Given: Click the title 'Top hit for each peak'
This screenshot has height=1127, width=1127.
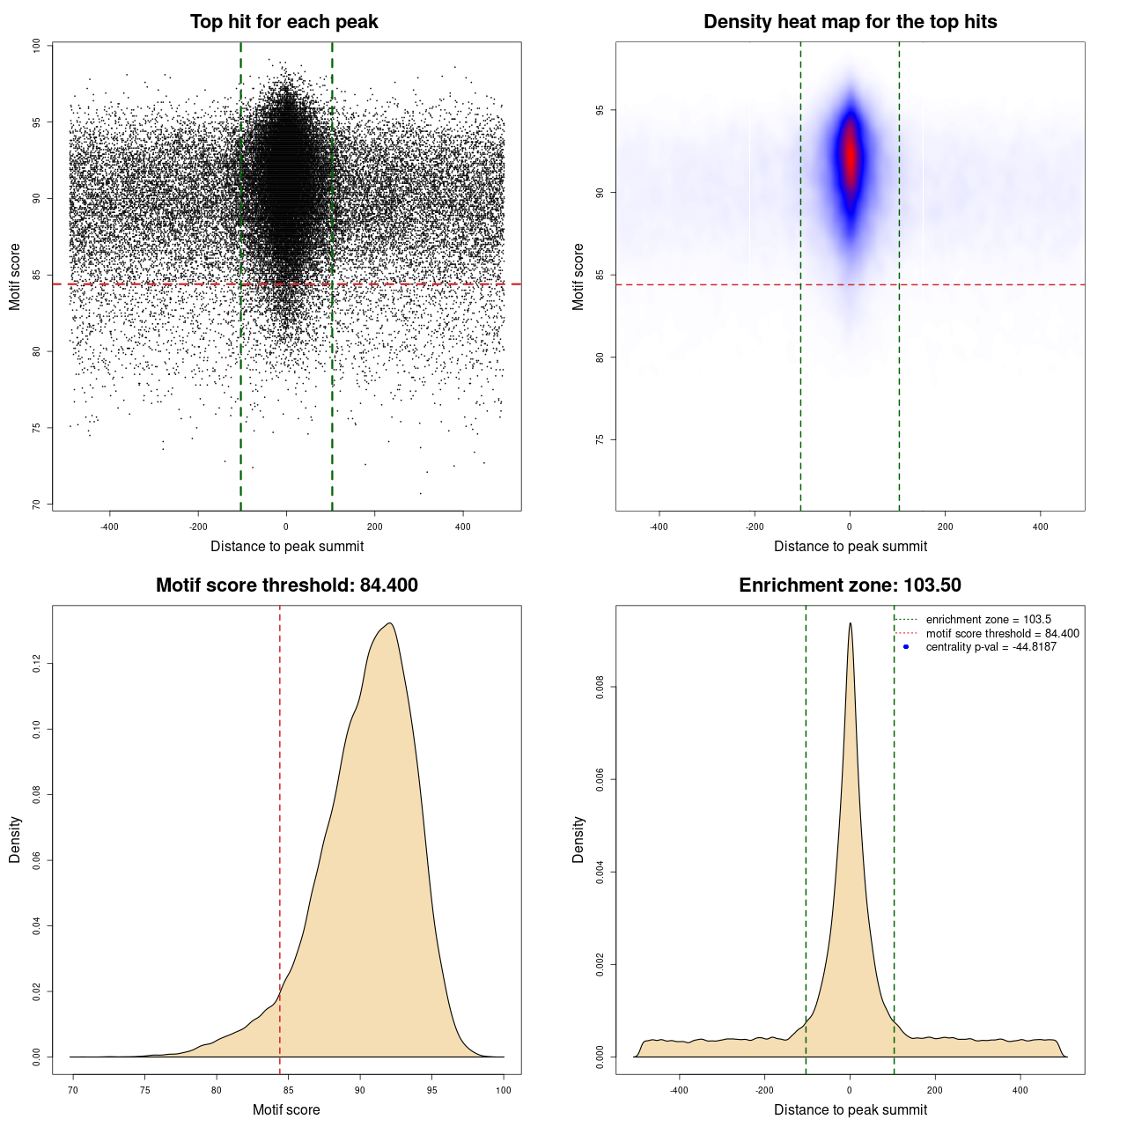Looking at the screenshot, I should [x=284, y=22].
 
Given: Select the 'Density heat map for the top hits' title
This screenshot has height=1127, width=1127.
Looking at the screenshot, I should [x=850, y=22].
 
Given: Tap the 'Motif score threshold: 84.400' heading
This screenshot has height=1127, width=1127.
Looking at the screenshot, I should [x=286, y=586].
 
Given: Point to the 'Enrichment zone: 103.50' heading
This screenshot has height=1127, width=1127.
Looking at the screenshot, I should [x=850, y=586].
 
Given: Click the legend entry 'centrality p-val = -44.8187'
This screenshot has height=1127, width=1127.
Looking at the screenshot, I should [x=991, y=647].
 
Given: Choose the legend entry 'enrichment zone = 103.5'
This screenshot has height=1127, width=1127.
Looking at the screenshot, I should [x=988, y=620].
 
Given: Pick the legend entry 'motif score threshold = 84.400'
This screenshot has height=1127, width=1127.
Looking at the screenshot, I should [x=1002, y=634].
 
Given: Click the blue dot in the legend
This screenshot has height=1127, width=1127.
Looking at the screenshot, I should [x=906, y=647].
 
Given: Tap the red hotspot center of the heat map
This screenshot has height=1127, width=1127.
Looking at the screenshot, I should [x=850, y=154].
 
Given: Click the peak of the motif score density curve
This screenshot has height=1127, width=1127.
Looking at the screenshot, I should [x=388, y=623].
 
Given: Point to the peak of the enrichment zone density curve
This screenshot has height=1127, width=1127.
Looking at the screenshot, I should [x=850, y=623].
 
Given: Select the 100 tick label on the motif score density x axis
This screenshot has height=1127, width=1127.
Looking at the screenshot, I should [x=503, y=1090].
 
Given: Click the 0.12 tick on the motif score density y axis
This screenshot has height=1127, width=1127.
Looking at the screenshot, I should [x=36, y=664].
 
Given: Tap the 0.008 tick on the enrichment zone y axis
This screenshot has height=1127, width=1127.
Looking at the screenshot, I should [x=600, y=687].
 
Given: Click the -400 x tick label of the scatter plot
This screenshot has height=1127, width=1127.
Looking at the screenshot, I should [x=109, y=527].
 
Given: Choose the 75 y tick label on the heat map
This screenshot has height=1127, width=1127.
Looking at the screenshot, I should [x=600, y=439].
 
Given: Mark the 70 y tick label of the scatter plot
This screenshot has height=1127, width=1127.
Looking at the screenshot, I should [x=36, y=505].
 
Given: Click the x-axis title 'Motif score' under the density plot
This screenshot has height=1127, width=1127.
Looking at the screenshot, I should [x=286, y=1109].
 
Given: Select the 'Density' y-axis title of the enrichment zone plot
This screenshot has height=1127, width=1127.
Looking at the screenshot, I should [x=578, y=839].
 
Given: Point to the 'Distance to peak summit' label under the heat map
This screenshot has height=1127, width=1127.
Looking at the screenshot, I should [x=850, y=546].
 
